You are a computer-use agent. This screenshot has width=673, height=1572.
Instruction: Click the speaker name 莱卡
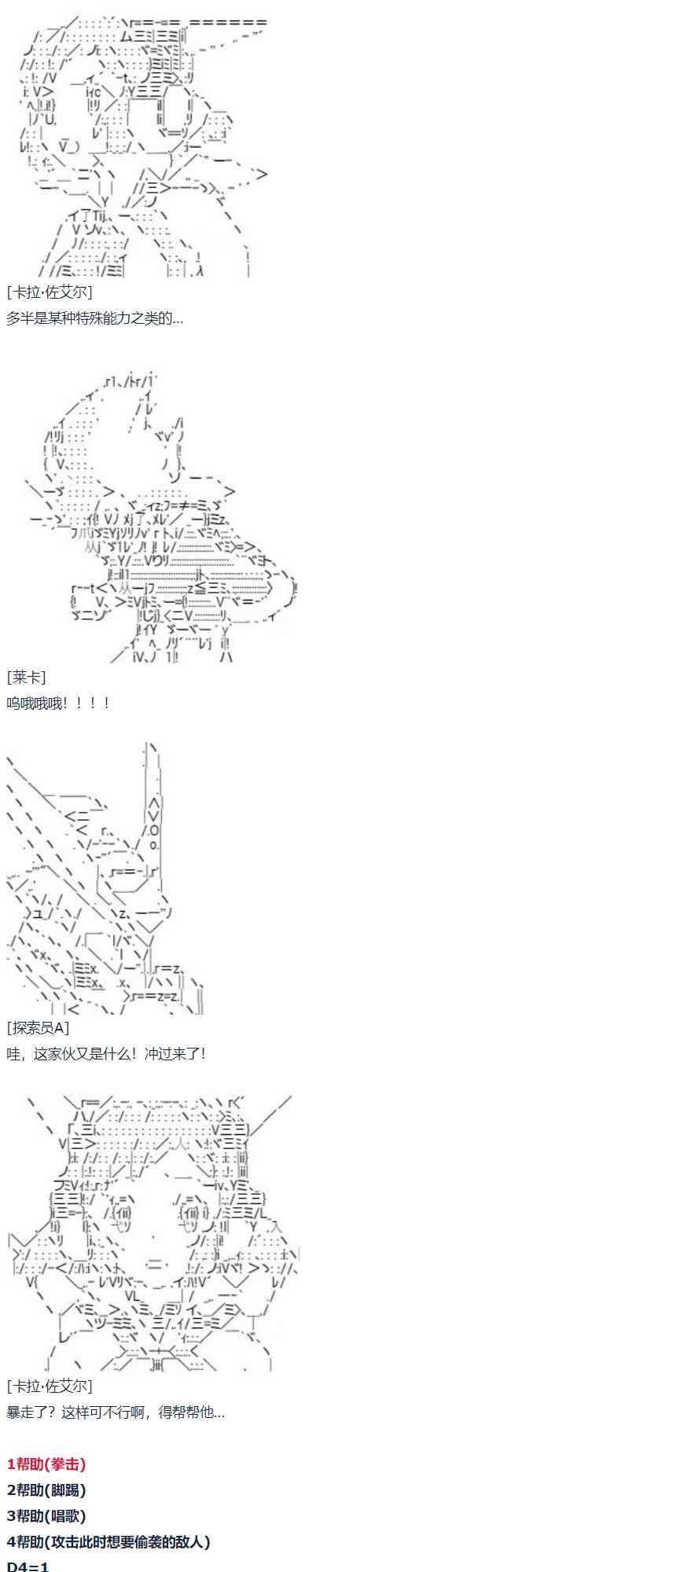tap(26, 677)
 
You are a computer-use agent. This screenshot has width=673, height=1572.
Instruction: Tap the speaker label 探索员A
tap(38, 1027)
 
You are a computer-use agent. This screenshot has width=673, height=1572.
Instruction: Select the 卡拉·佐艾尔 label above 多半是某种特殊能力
tap(49, 292)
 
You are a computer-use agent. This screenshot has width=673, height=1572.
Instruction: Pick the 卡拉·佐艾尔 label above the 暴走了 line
tap(49, 1386)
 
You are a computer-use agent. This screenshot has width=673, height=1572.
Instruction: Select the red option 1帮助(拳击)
tap(46, 1464)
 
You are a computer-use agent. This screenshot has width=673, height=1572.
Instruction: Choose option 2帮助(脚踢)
tap(46, 1490)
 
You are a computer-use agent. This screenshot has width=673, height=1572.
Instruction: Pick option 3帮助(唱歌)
tap(46, 1516)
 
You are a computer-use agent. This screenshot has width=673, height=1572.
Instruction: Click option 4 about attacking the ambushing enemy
tap(108, 1542)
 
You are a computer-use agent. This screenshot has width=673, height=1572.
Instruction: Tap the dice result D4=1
tap(28, 1566)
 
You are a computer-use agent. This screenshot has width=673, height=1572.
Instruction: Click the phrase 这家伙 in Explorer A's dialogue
tap(53, 1053)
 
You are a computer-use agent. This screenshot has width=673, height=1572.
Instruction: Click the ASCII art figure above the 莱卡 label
tap(157, 519)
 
